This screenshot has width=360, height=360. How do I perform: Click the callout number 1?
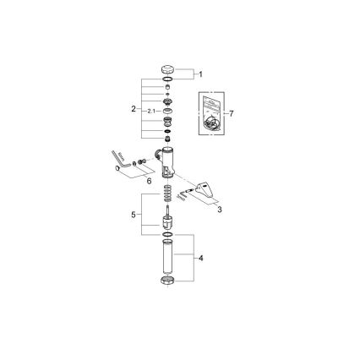point(199,74)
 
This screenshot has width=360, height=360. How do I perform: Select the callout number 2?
point(134,109)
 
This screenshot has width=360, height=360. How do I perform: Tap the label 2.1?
point(150,111)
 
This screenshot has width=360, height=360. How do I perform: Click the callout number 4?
point(199,258)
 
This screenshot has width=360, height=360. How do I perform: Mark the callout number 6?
point(231,112)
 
